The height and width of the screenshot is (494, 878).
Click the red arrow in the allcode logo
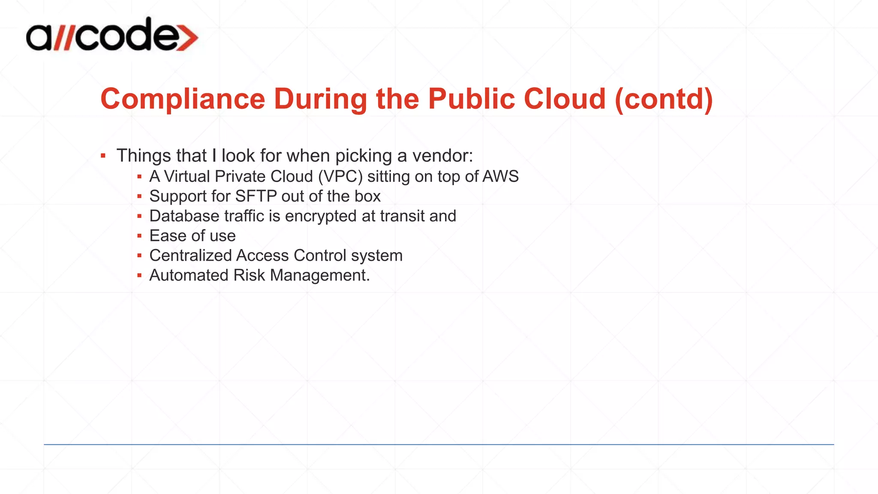(x=187, y=37)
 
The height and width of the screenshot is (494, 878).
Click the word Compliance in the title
(x=183, y=99)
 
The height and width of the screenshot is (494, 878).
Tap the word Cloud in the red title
(x=564, y=99)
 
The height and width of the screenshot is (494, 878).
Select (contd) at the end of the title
(x=664, y=99)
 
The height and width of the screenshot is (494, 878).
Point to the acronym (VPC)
(x=340, y=177)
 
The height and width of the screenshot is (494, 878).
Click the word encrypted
(x=321, y=216)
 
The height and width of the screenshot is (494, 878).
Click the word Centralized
(x=190, y=256)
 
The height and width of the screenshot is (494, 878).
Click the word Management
(x=320, y=275)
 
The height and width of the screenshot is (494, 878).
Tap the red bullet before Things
(x=103, y=156)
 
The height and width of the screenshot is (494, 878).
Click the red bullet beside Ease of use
(x=139, y=236)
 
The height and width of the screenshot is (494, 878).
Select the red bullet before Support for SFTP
(x=139, y=196)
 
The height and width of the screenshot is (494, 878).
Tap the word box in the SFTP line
(x=367, y=196)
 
